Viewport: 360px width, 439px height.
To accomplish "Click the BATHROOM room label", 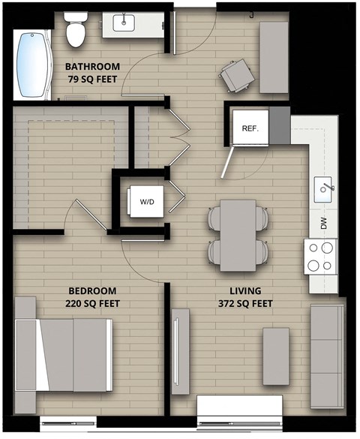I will [92, 65].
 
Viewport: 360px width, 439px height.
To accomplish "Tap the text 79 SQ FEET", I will [92, 77].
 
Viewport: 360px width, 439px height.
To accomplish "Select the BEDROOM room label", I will [93, 290].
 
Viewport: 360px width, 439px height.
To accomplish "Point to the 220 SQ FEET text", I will [93, 303].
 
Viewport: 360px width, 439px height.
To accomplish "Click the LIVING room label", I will [245, 290].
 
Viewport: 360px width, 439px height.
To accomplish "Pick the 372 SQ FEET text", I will [245, 303].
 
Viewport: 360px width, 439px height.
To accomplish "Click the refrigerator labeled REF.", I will [250, 128].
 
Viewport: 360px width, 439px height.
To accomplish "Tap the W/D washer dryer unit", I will [146, 201].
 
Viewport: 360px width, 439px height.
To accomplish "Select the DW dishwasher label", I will [324, 222].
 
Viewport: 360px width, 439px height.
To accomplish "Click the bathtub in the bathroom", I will [31, 66].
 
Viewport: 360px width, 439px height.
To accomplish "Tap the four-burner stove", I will [320, 256].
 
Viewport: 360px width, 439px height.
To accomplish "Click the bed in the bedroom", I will [63, 355].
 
